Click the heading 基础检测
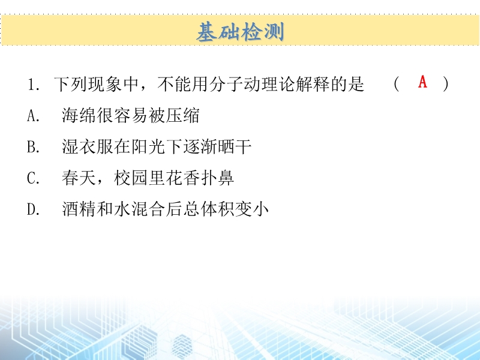[241, 32]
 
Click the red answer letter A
[423, 82]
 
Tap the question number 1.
[31, 85]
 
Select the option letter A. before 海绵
[33, 116]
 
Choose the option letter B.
[33, 146]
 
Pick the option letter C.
[33, 178]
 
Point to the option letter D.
[33, 209]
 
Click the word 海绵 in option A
[79, 115]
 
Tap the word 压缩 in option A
[183, 115]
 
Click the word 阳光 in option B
[148, 146]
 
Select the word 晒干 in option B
[235, 146]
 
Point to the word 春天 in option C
[79, 178]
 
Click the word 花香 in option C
[183, 178]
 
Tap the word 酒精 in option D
[79, 209]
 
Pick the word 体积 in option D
[217, 209]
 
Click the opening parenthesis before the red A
[397, 84]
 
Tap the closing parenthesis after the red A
[446, 84]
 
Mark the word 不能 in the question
[174, 84]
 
